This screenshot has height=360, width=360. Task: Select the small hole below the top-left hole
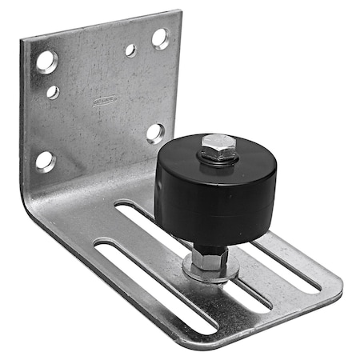tap(53, 92)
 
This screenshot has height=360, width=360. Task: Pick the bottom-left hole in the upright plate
tap(45, 160)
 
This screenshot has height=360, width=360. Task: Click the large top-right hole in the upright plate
tap(160, 38)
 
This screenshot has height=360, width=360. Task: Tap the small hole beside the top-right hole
tap(130, 50)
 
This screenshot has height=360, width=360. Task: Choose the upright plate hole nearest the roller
tap(155, 132)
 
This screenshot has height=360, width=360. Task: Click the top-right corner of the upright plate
tap(177, 12)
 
